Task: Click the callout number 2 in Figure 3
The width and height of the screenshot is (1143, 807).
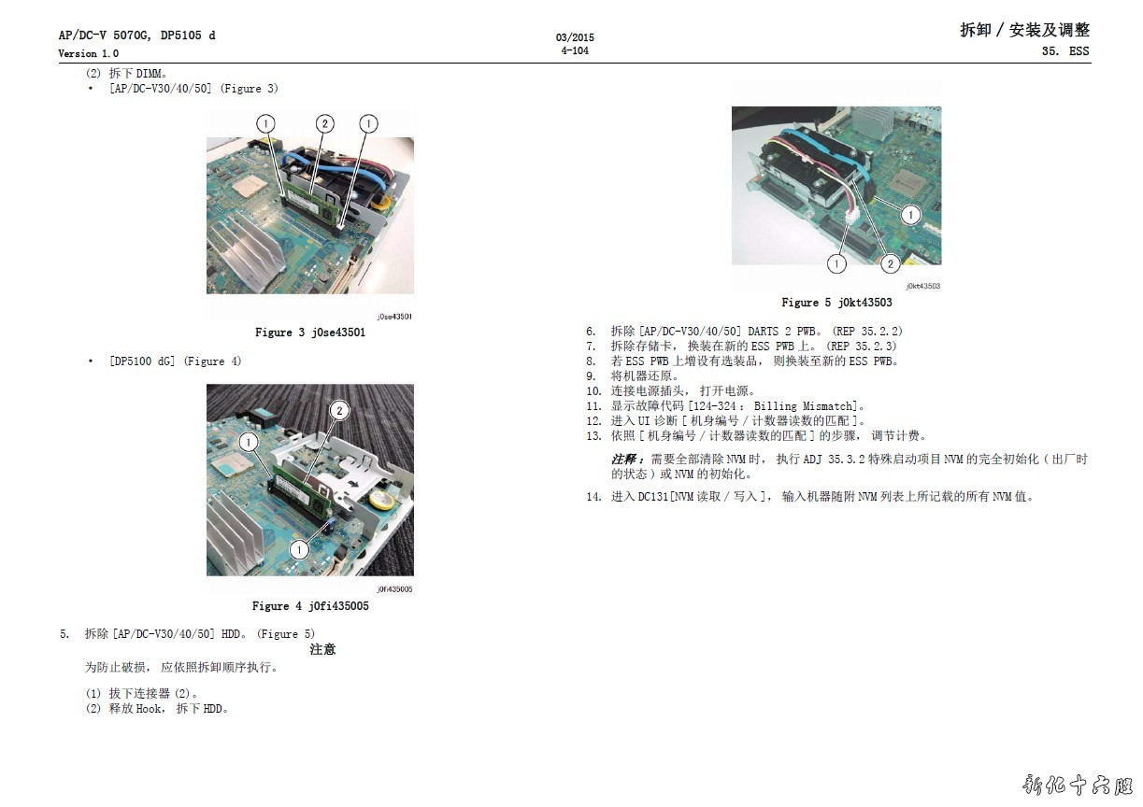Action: tap(324, 124)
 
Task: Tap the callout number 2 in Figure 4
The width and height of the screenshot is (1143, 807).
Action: tap(339, 411)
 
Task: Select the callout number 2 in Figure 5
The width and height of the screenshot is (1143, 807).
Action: tap(890, 263)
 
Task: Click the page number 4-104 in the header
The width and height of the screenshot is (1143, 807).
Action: tap(575, 50)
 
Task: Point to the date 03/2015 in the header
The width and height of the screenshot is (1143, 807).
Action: tap(575, 37)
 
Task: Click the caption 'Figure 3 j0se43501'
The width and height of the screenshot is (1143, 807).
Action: tap(310, 333)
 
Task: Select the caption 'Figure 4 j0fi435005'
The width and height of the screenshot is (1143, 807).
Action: tap(310, 606)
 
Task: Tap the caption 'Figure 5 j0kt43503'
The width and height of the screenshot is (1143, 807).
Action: tap(836, 303)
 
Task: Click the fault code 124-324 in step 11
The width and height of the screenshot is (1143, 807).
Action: tap(714, 406)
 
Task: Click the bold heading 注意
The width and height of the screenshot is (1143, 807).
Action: tap(322, 649)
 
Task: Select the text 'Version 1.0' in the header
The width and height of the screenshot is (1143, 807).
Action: tap(88, 53)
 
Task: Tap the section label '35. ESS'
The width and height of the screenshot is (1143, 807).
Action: tap(1065, 51)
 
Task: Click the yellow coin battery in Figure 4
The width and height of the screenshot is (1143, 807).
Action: tap(380, 501)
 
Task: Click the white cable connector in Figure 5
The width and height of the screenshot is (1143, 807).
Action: tap(852, 216)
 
